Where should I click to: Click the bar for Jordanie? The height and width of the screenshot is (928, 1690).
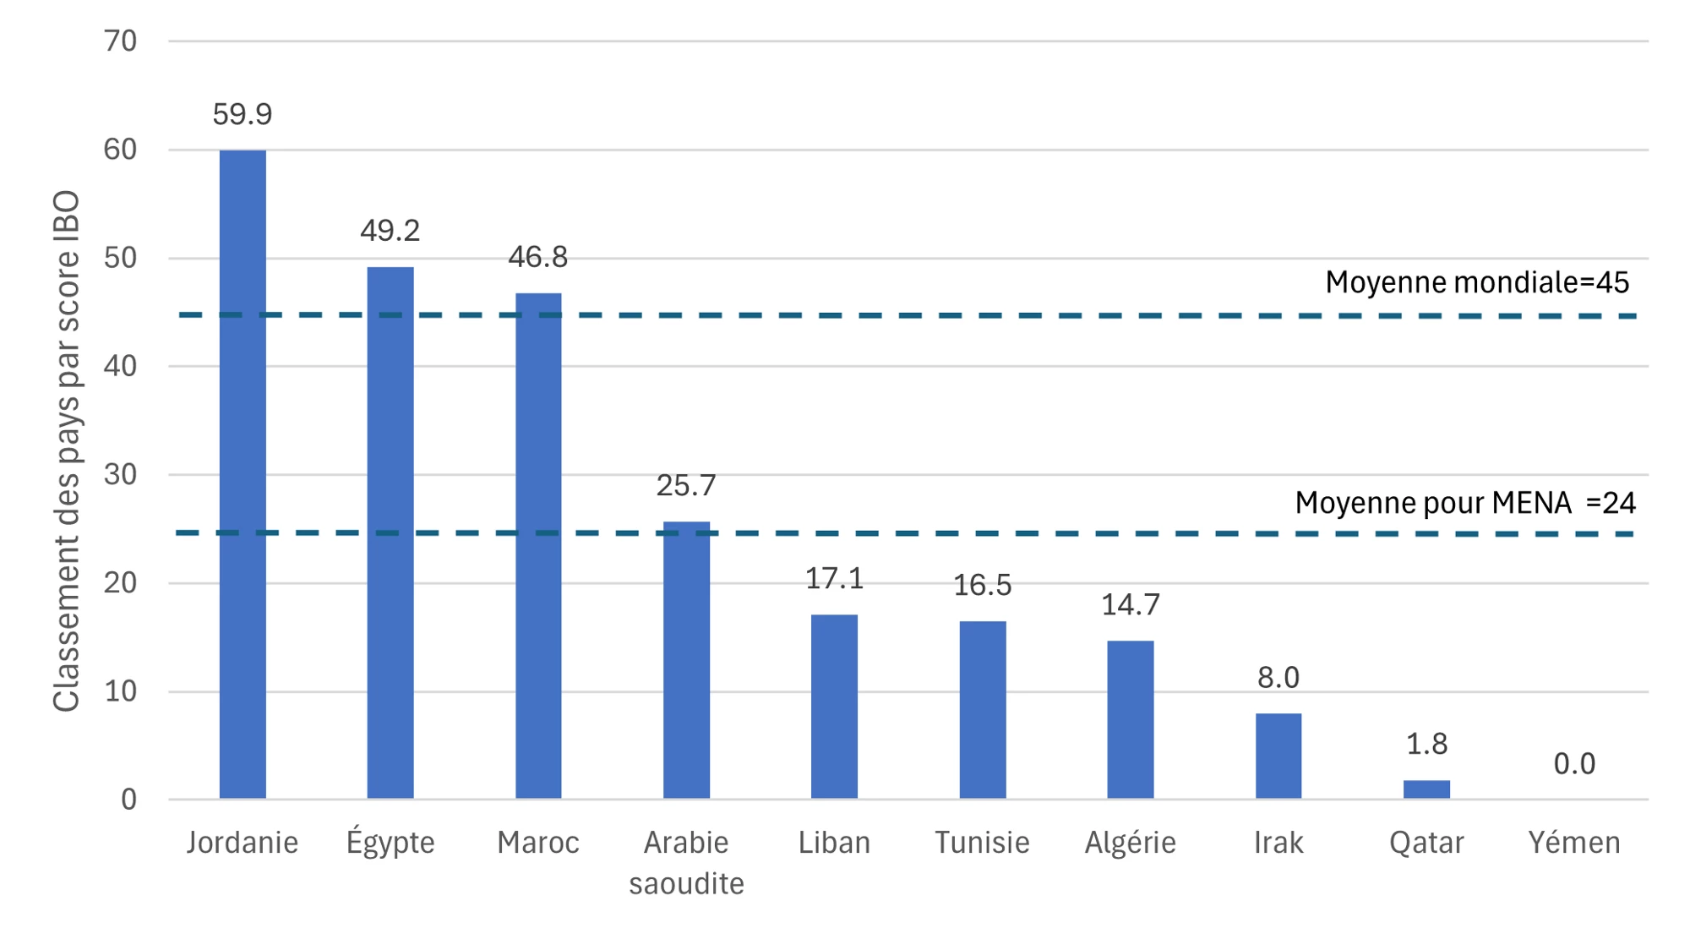243,473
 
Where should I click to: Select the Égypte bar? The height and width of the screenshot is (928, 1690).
390,532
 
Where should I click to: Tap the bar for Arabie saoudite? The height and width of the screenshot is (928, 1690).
686,659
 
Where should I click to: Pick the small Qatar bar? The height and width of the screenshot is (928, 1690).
1426,789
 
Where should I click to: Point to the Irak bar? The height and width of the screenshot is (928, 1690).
1278,756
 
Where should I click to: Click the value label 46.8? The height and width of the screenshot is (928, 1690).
537,257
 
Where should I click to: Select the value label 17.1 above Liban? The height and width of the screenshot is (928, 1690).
834,579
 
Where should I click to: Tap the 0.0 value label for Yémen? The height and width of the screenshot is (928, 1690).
1574,764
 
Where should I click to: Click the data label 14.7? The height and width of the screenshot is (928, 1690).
1130,605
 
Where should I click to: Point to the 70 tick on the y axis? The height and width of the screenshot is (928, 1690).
120,41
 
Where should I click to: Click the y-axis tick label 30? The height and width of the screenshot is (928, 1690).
120,475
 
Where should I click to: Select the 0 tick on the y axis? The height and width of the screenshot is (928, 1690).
128,800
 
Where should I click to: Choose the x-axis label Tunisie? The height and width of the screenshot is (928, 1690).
982,843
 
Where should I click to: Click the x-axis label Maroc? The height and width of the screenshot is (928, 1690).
537,843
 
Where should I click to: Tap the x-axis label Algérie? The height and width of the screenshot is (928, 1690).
1130,843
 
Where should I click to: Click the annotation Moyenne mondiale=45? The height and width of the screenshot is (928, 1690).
1476,282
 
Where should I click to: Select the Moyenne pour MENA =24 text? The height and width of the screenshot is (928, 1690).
1464,503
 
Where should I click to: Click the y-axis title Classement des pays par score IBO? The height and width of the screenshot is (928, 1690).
66,450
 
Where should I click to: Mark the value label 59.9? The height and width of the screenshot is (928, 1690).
243,114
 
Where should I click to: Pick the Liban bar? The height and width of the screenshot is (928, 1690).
834,707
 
